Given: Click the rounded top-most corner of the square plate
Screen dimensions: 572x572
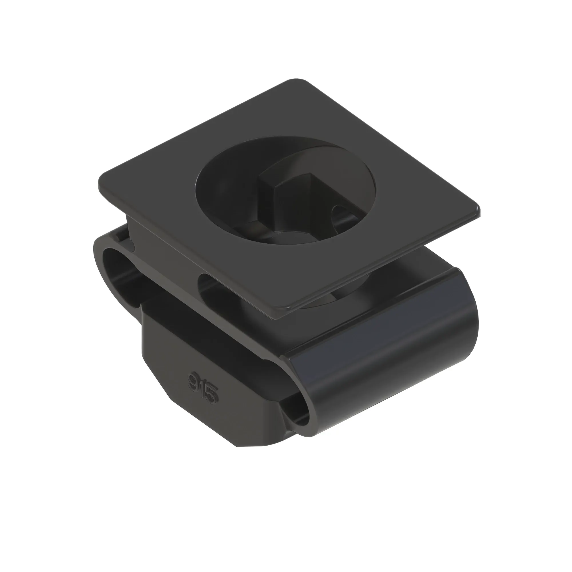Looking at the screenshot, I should click(296, 81).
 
